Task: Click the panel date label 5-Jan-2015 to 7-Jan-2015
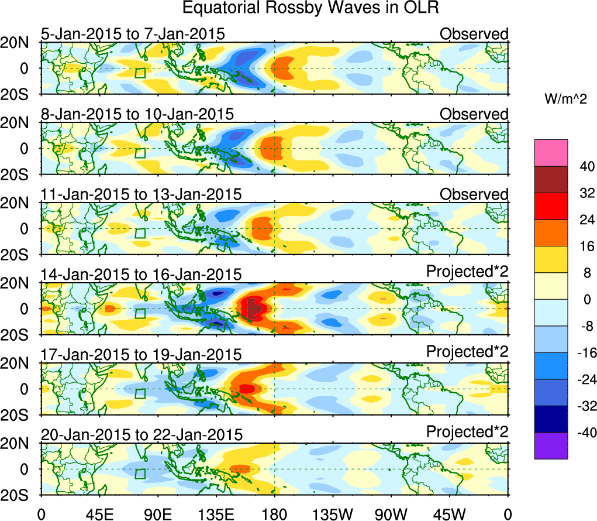(133, 35)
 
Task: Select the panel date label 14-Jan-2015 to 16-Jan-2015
(141, 275)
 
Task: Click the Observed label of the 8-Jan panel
(474, 114)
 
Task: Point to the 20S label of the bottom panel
(19, 495)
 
